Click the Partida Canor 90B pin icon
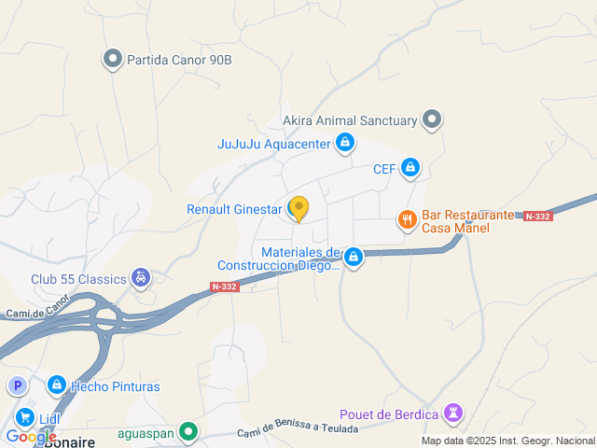click(113, 60)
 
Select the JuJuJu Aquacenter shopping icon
click(345, 143)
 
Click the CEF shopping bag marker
click(411, 169)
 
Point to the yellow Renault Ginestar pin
click(298, 208)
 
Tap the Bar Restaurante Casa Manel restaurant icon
click(407, 220)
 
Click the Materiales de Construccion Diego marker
click(353, 257)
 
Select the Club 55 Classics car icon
click(140, 278)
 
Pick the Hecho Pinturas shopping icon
click(57, 385)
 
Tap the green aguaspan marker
click(189, 432)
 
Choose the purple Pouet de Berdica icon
click(454, 413)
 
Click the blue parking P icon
click(17, 385)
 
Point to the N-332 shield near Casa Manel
click(537, 216)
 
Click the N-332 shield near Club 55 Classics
click(225, 287)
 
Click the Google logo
click(31, 437)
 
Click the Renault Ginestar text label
click(234, 209)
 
